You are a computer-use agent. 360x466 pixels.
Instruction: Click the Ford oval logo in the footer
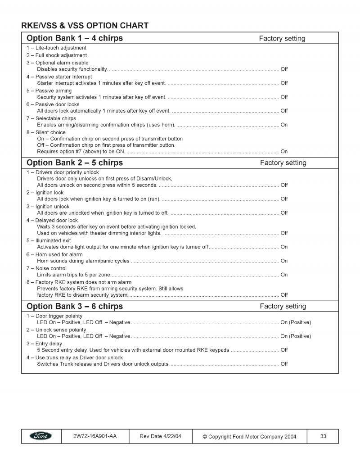pos(41,436)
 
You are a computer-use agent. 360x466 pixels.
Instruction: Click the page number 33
pos(323,436)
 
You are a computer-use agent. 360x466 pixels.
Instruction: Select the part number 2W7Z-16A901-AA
pos(94,436)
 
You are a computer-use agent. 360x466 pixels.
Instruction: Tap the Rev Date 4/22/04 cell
pos(160,436)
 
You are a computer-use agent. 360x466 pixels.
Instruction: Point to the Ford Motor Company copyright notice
pos(249,436)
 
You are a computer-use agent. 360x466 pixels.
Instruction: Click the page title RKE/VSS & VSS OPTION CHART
pos(85,25)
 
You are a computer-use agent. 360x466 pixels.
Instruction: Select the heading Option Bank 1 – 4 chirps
pos(75,38)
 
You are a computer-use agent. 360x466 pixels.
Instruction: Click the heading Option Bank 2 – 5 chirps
pos(75,163)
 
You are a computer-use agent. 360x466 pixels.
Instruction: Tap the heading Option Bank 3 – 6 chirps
pos(75,306)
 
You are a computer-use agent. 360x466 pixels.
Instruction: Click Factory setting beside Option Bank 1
pos(282,38)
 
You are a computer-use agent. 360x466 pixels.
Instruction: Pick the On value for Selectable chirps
pos(284,125)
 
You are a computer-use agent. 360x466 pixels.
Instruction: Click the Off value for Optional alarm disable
pos(284,69)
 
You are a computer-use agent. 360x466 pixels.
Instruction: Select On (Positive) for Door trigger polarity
pos(296,322)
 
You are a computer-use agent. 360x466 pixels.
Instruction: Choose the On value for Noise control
pos(284,275)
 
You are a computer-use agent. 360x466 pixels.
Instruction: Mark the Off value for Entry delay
pos(284,350)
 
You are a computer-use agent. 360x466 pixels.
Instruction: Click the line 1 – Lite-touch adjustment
pos(56,48)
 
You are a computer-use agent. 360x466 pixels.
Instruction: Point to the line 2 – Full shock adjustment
pos(57,55)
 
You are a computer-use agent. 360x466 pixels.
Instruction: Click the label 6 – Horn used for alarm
pos(54,254)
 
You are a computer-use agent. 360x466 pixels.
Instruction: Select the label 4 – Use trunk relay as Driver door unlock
pos(74,357)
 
